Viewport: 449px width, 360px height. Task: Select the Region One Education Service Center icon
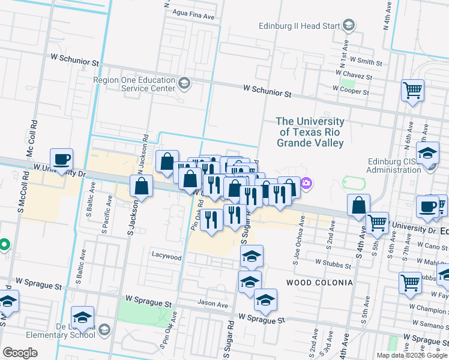click(x=184, y=83)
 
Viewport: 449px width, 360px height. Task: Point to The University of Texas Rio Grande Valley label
click(x=310, y=132)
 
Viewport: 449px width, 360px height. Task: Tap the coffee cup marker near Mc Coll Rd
click(x=61, y=160)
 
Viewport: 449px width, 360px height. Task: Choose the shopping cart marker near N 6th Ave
click(x=412, y=91)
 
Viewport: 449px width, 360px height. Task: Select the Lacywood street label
click(x=166, y=257)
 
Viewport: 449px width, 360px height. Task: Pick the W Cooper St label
click(x=351, y=92)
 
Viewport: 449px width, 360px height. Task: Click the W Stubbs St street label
click(x=333, y=264)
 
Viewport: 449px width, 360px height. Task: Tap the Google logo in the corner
click(x=20, y=352)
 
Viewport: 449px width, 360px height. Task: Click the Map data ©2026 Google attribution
click(x=412, y=355)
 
